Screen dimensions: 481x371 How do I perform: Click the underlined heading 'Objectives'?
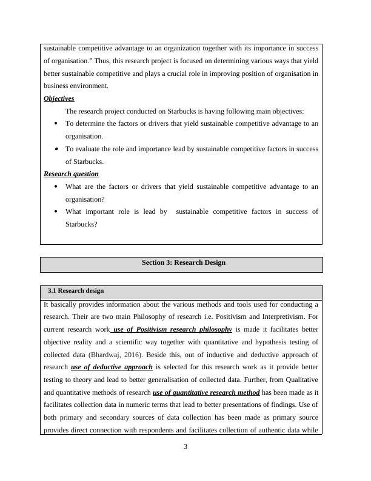59,98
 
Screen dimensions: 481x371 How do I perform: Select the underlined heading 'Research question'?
72,174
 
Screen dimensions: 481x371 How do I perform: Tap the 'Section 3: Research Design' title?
183,263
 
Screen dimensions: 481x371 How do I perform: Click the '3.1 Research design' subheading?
76,291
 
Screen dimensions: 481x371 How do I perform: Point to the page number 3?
185,448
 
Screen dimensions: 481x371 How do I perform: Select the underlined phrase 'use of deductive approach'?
112,367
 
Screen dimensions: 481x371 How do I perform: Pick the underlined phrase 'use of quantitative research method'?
206,393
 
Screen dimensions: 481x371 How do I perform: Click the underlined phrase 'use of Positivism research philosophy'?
172,329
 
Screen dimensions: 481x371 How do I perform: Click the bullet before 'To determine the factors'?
56,123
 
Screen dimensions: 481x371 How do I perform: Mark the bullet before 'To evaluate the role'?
56,148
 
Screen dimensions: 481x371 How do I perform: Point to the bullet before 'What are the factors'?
56,186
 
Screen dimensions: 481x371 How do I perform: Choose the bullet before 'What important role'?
56,211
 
